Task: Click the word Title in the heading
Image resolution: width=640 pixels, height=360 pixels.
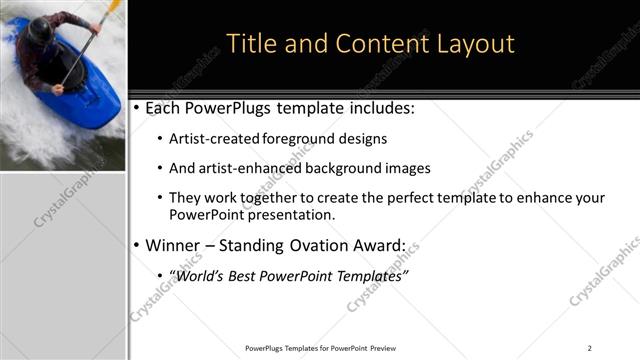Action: (250, 44)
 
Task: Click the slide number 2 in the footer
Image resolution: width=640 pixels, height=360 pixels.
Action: (589, 348)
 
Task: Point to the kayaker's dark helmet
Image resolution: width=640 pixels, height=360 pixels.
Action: (40, 32)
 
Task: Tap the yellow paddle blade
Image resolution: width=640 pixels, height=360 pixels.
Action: (113, 7)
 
